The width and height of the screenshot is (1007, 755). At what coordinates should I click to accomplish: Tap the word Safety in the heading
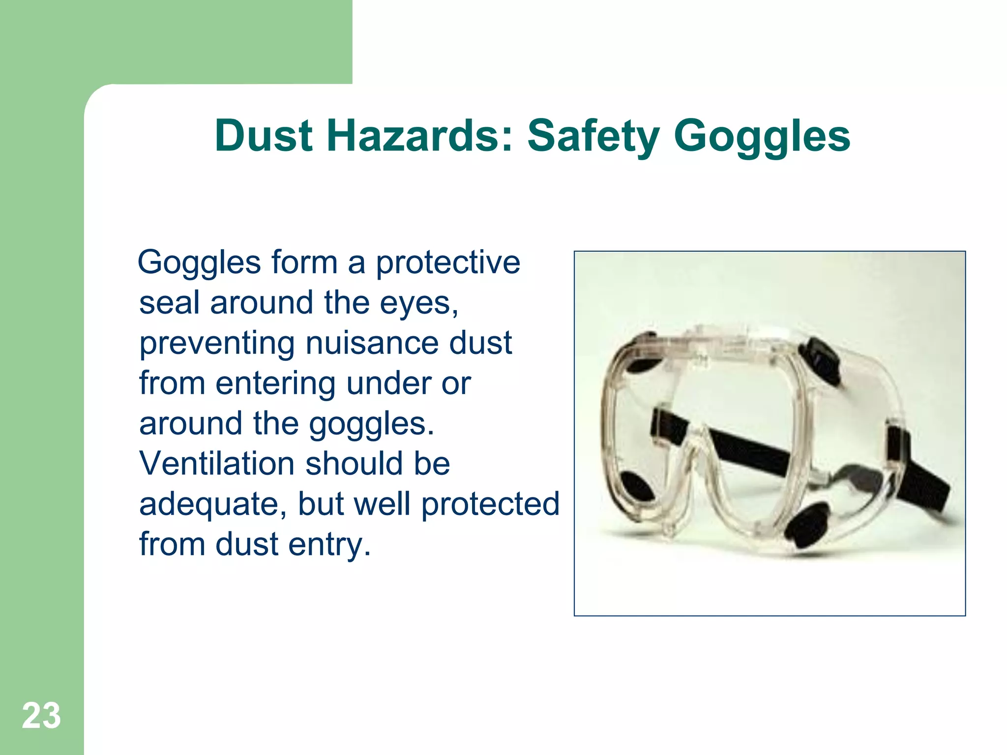(593, 136)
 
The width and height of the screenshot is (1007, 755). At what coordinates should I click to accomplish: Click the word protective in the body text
(448, 263)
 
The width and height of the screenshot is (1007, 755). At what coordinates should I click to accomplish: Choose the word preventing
(217, 344)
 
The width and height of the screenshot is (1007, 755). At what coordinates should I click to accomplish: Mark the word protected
(490, 505)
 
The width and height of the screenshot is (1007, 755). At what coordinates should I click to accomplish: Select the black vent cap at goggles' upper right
(819, 360)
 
